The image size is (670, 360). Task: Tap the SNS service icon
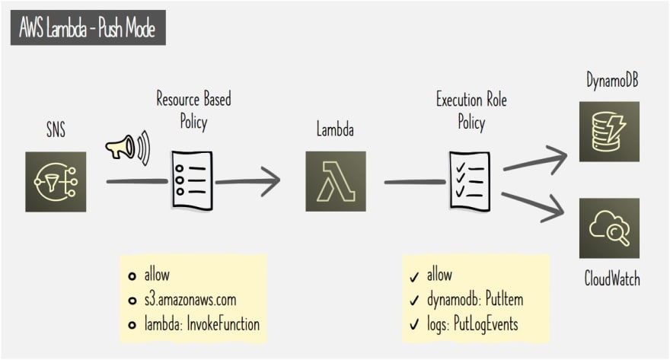click(x=56, y=181)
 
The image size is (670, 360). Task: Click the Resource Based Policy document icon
click(x=192, y=180)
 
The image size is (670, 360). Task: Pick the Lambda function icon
click(x=335, y=181)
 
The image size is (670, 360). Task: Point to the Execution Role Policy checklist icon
click(x=469, y=180)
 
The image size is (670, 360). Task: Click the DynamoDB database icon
click(x=609, y=131)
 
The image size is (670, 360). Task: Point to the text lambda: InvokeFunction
click(x=202, y=323)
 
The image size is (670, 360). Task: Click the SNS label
click(x=56, y=130)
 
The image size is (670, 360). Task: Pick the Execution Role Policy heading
click(x=471, y=110)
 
